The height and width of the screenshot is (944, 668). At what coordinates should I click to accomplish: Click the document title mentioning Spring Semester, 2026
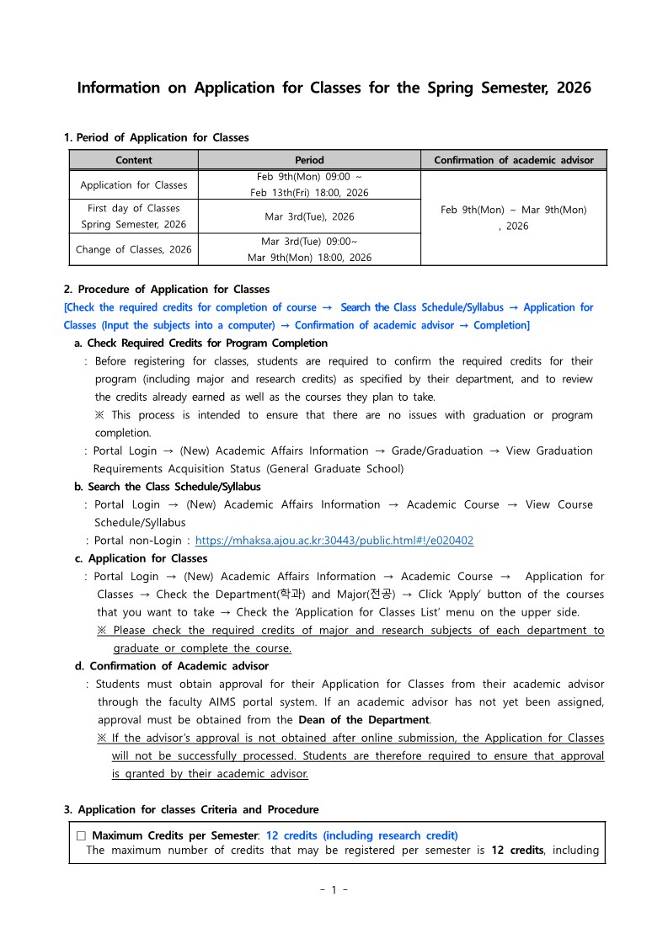334,88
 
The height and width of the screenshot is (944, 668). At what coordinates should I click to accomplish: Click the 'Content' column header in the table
133,160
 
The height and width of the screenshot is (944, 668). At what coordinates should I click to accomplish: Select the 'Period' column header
309,160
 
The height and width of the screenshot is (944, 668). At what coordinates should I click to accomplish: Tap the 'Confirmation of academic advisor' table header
513,160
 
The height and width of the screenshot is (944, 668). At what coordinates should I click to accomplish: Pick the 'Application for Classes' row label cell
133,184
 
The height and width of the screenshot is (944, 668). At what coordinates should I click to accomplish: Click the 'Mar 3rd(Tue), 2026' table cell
309,216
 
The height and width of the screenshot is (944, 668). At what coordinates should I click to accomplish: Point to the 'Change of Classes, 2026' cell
133,249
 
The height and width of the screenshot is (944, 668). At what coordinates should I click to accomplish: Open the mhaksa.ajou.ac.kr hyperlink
334,541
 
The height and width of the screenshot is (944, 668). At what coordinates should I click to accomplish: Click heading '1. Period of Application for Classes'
156,137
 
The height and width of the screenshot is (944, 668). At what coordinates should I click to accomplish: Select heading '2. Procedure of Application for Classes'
167,290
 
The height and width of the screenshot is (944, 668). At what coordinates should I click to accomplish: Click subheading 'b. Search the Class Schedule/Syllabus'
168,487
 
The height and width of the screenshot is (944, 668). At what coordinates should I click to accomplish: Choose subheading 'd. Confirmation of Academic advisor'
172,666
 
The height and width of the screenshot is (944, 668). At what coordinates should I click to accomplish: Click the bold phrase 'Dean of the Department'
364,720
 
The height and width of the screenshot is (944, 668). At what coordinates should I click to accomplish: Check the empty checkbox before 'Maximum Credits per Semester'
81,836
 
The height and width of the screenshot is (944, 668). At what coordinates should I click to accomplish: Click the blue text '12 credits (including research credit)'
361,836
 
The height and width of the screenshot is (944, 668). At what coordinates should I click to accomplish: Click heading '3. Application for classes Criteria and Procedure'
191,810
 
